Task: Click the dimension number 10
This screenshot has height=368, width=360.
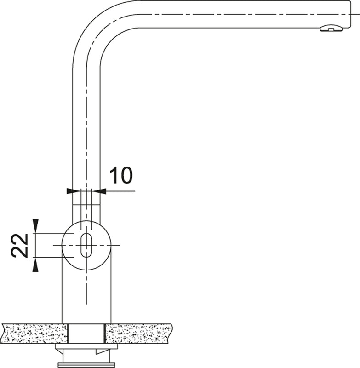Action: point(120,175)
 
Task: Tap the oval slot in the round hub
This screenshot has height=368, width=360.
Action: point(86,245)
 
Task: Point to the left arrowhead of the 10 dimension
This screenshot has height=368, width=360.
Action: point(70,190)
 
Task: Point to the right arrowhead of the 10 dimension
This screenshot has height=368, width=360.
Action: point(102,190)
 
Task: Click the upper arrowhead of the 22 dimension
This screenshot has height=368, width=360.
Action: point(35,226)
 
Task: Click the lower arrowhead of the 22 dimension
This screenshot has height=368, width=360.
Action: point(35,265)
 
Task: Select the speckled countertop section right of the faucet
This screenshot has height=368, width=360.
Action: point(138,333)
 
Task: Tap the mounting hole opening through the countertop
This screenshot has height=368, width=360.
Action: point(86,333)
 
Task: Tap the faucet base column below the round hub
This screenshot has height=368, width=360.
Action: point(86,299)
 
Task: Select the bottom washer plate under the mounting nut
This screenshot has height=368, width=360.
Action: point(86,365)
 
